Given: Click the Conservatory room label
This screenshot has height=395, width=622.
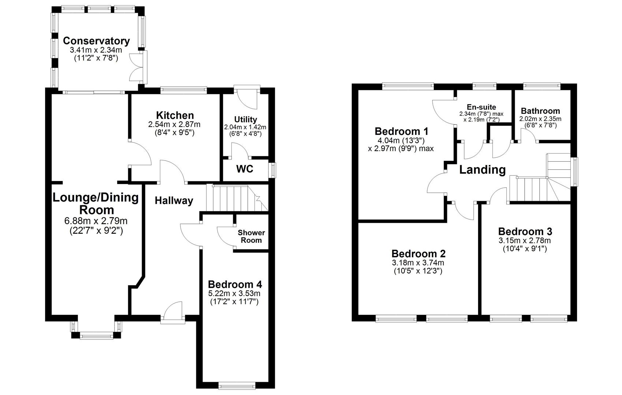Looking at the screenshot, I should pos(96,41).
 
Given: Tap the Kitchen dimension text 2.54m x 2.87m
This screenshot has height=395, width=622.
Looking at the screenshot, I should pos(174,125).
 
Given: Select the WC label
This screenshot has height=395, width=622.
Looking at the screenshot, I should pos(245,169).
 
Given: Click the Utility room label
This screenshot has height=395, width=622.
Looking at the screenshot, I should pos(245,120).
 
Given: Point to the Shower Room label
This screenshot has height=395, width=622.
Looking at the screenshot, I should pos(251,237).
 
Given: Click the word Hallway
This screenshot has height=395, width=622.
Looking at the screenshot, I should pos(174,200).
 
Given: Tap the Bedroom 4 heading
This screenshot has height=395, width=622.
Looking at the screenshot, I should pos(235,284).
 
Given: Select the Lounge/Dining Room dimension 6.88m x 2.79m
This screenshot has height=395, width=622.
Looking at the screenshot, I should pos(96,221).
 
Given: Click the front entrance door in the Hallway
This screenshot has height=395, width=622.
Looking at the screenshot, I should pos(173,313).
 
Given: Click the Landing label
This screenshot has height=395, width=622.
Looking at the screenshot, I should pos(482,170).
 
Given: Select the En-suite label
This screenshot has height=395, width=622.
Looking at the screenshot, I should pos(481,107).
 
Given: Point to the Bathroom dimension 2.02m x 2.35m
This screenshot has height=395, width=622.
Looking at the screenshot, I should pos(540,119).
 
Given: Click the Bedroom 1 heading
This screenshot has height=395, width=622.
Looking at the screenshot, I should pos(401,131).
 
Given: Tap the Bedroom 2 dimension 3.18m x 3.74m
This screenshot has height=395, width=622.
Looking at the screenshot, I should pos(418,263).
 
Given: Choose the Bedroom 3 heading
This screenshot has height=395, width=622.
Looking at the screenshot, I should pos(525,232).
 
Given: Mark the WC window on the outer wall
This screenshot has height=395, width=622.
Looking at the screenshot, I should pos(273,170).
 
